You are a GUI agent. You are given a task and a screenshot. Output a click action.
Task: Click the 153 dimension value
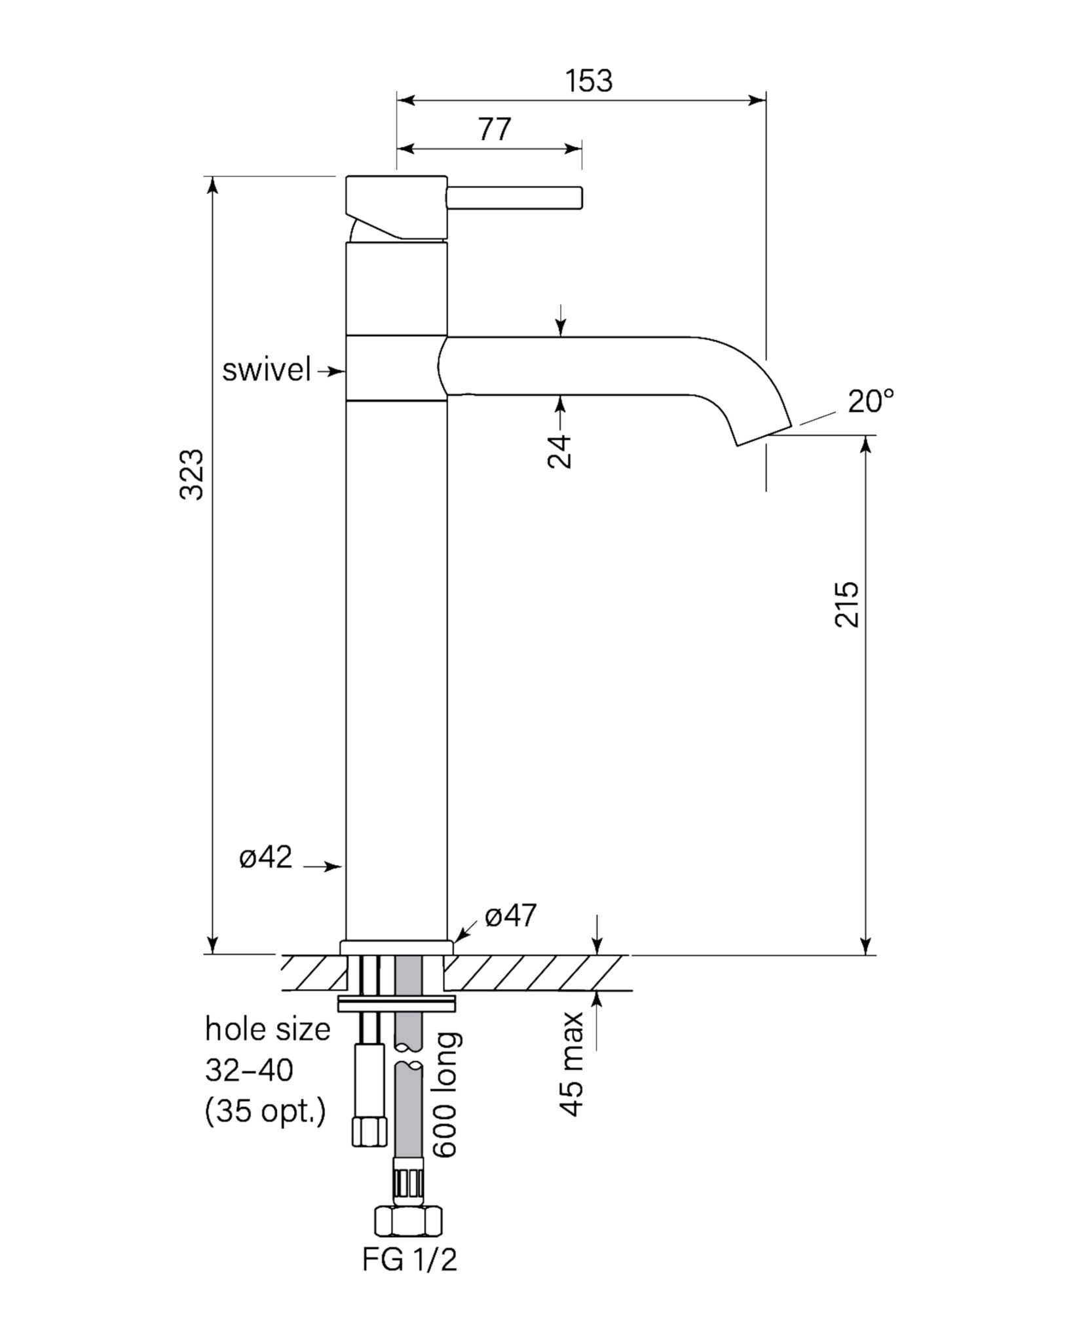tap(589, 81)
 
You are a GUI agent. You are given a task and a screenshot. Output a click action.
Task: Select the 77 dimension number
tap(494, 129)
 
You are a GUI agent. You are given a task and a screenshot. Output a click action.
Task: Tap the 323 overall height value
tap(192, 474)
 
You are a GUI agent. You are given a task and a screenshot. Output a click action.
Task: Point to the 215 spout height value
tap(847, 604)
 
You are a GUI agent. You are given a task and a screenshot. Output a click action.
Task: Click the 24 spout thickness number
tap(559, 451)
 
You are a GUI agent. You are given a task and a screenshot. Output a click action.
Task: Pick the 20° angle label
tap(871, 401)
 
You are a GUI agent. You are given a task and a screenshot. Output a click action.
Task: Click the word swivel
tap(266, 370)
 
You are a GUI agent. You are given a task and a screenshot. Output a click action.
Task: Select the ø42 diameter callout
tap(265, 857)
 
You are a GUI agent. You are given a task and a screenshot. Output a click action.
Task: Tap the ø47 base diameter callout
tap(510, 915)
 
